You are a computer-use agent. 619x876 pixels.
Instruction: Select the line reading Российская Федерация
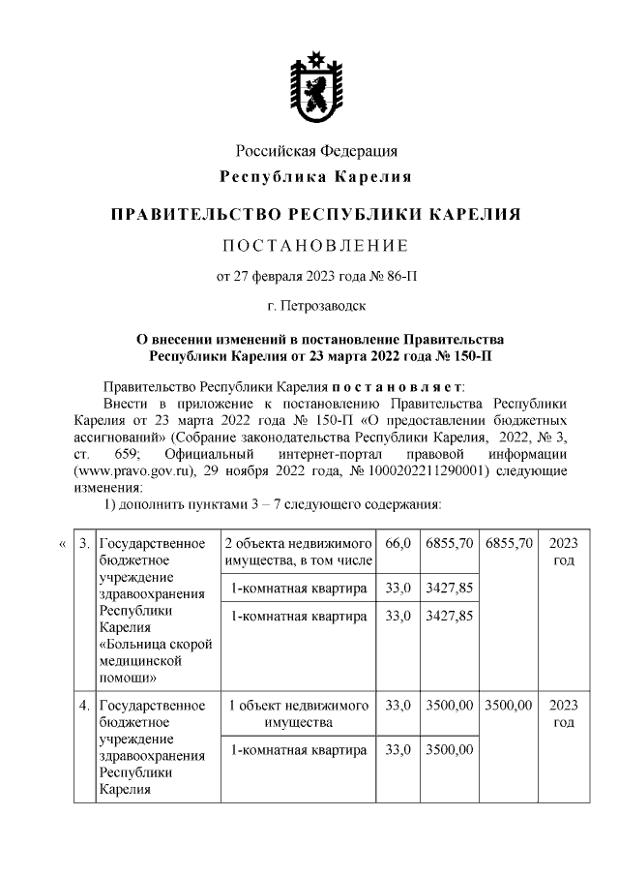(x=316, y=152)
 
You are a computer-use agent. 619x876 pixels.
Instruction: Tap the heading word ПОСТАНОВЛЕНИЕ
(x=316, y=244)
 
